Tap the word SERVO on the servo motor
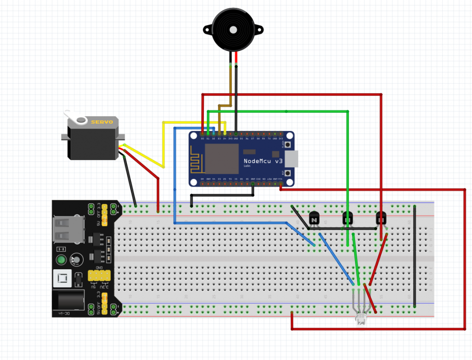(x=102, y=122)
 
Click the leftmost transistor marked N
(x=314, y=219)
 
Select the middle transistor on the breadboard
(x=347, y=219)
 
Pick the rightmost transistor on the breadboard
(x=381, y=219)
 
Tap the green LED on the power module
(x=61, y=260)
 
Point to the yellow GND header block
(x=99, y=275)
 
